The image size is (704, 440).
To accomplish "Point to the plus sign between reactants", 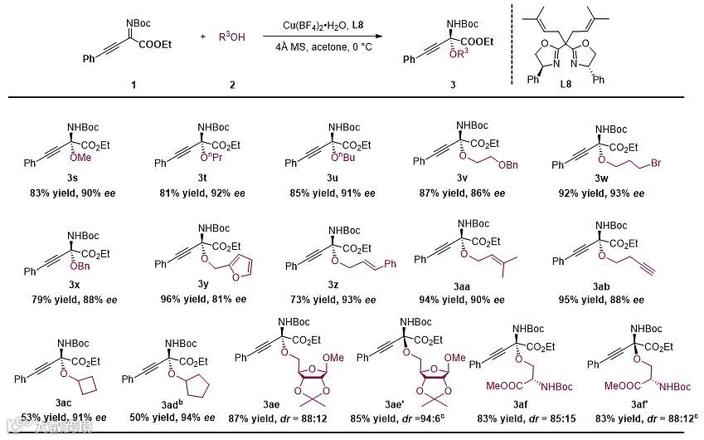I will (203, 37).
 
